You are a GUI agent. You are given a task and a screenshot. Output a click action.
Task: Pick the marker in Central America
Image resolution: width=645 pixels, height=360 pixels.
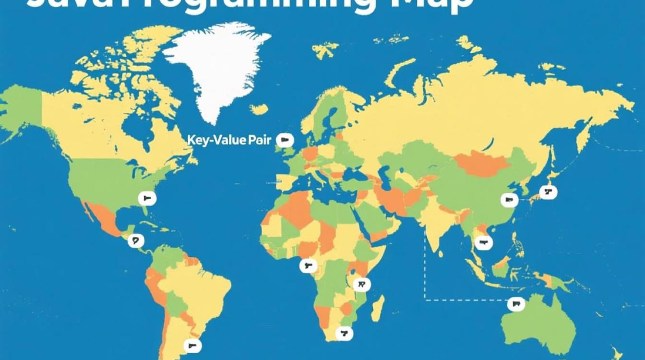(136, 240)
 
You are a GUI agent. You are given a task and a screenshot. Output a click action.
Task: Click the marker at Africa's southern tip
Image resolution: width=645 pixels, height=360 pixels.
(344, 333)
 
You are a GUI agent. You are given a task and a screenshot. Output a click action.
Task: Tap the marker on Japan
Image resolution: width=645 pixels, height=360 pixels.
(548, 192)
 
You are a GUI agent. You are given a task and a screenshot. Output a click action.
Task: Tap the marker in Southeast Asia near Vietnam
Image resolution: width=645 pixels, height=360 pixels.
(483, 243)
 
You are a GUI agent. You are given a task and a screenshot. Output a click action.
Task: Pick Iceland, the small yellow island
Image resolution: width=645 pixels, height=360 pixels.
(259, 109)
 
